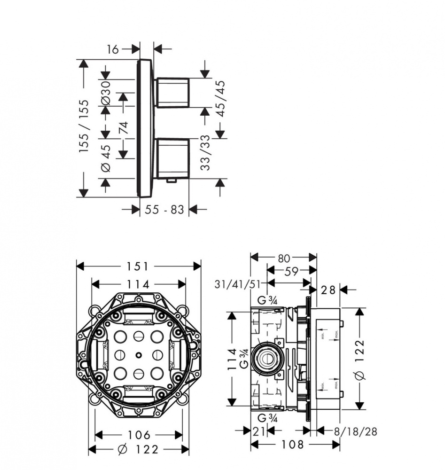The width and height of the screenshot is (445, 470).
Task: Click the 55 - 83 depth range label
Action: (x=164, y=210)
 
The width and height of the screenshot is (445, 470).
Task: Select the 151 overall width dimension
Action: (x=138, y=266)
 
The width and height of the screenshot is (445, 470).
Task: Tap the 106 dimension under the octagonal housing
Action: (x=139, y=435)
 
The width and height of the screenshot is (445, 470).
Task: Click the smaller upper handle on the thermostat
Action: (x=172, y=92)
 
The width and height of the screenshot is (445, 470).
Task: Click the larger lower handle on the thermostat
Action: (x=172, y=158)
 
